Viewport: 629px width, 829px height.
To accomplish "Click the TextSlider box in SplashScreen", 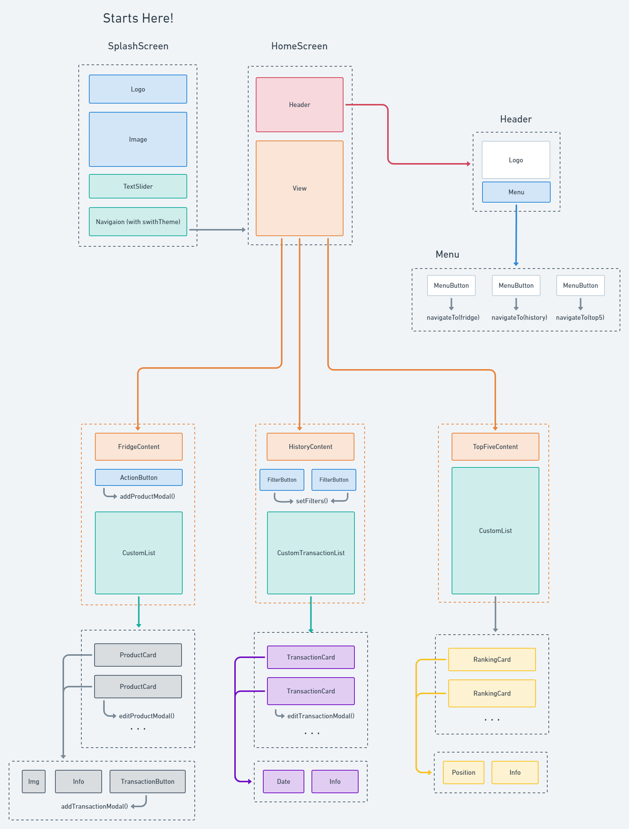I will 138,186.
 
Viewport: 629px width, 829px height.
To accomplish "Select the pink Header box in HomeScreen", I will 299,105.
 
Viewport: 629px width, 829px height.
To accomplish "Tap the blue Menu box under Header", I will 516,192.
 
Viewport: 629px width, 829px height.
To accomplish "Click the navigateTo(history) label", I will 519,318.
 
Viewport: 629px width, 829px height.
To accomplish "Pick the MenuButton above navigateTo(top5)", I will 580,285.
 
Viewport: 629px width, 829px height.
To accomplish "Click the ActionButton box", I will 139,477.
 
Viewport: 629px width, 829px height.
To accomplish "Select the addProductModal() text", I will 147,496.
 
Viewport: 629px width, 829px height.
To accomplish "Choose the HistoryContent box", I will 310,447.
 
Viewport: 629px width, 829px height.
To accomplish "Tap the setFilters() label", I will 312,501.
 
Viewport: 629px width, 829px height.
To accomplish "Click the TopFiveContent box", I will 495,447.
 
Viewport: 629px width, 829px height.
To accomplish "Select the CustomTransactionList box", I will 311,553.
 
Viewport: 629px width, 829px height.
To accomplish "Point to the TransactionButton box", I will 147,782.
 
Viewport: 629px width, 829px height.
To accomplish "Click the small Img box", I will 34,782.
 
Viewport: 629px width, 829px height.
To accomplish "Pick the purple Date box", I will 283,782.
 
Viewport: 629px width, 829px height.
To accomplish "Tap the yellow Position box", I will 463,773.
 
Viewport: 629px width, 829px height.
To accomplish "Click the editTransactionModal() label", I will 321,716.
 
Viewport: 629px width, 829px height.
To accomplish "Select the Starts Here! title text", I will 138,18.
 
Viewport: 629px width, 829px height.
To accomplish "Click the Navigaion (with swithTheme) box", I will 138,222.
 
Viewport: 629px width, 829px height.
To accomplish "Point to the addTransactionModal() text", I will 94,806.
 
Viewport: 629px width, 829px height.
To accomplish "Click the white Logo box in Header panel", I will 516,160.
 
